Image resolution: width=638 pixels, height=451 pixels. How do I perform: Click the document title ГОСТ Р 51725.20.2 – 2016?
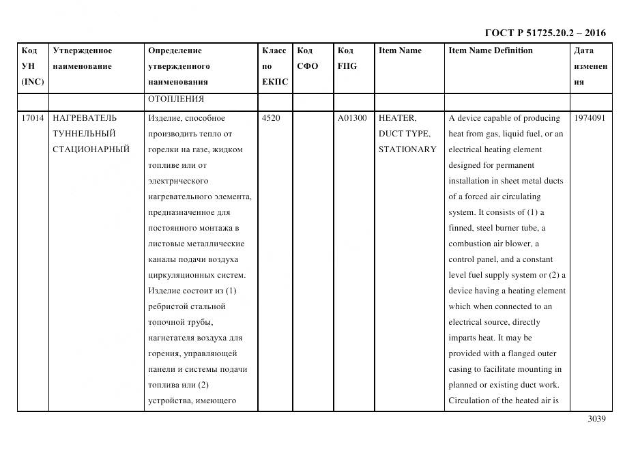545,33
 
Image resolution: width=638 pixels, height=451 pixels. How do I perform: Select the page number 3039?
596,419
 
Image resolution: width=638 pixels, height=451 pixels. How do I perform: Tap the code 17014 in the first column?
33,118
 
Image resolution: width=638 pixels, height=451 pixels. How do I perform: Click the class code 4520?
271,118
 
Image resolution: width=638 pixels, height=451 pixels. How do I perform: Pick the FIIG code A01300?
352,118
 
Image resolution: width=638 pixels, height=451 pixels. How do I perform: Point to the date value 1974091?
590,118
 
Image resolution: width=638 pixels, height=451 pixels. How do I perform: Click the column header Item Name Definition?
491,50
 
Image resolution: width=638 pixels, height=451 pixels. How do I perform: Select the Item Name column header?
400,50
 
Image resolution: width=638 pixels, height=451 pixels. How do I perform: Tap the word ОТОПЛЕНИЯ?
176,100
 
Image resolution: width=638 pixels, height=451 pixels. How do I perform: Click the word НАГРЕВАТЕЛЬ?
85,118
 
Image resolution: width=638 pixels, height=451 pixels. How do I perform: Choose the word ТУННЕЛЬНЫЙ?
84,134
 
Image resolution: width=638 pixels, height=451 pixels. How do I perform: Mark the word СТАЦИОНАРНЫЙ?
91,149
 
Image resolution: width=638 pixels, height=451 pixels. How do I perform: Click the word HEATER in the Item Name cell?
396,118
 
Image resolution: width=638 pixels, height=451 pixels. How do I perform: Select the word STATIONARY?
407,149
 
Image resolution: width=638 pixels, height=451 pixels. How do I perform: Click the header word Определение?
175,50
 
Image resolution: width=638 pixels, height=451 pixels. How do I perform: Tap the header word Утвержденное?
83,50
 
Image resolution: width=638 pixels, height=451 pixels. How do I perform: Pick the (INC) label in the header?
33,82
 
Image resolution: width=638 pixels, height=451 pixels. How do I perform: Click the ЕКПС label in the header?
275,82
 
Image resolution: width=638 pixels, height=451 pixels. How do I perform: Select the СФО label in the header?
308,66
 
